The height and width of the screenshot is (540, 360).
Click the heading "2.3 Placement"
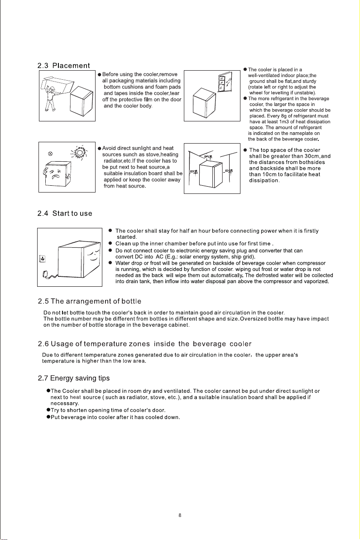[64, 66]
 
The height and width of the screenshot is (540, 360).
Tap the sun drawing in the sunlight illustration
[80, 152]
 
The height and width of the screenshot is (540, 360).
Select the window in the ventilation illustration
[225, 82]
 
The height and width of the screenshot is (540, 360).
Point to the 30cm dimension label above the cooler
[208, 157]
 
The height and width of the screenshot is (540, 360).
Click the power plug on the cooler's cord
[45, 274]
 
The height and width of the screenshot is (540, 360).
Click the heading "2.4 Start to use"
[65, 213]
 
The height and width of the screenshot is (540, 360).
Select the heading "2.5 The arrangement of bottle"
[90, 301]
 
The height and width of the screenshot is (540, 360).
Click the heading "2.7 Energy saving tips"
[74, 378]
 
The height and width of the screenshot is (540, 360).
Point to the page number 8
[180, 516]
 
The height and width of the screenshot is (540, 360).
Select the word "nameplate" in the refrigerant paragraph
[301, 133]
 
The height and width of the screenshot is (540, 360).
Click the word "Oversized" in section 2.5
[252, 319]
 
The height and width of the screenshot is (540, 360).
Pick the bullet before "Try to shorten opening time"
[48, 410]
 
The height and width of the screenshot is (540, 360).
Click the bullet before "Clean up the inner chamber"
[110, 243]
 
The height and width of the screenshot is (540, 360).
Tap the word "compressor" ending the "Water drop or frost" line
[312, 263]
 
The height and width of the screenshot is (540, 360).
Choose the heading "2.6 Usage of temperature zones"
[144, 344]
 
